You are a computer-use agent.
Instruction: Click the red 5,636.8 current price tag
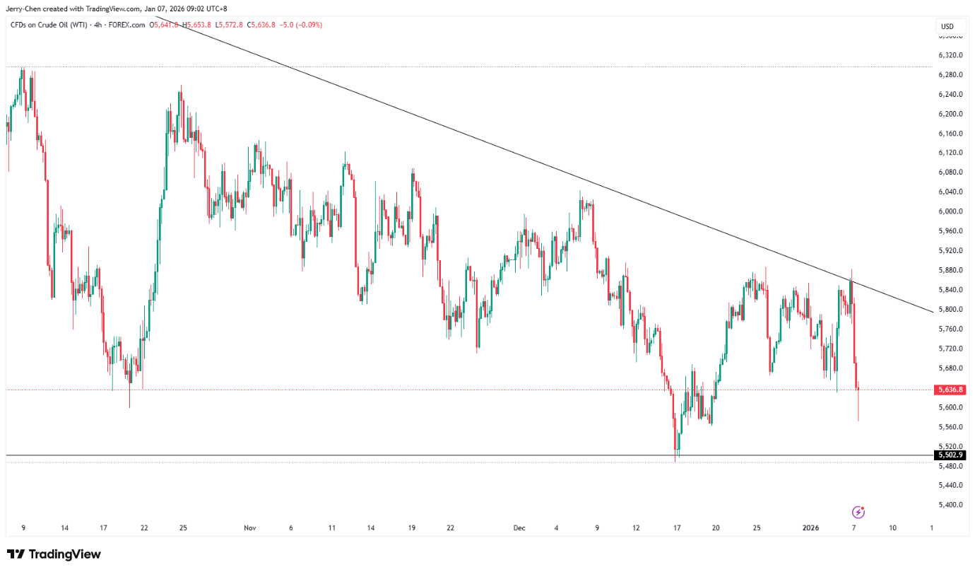tap(950, 390)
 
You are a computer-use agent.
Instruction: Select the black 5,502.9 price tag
tap(950, 455)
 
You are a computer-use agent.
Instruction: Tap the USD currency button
tap(946, 27)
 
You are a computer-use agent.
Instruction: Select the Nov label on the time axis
tap(249, 527)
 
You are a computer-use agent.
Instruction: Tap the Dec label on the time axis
tap(519, 527)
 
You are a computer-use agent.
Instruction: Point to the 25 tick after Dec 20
tap(756, 527)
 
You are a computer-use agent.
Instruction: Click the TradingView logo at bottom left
tap(54, 554)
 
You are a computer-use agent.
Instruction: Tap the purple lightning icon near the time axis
tap(858, 512)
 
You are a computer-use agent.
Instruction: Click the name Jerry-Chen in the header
tap(25, 9)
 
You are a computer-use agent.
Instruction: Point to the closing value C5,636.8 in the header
tap(259, 25)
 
